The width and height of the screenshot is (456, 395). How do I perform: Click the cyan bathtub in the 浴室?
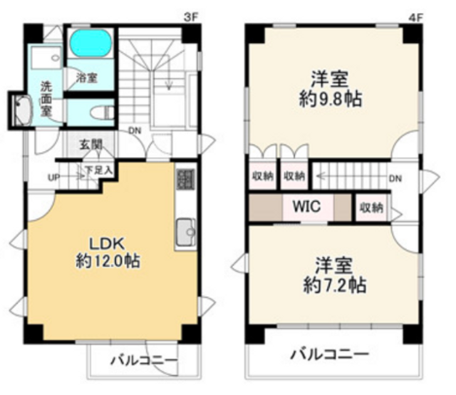(x=91, y=43)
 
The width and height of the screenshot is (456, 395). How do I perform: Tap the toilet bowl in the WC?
(x=102, y=113)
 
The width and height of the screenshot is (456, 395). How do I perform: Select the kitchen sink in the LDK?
(x=186, y=232)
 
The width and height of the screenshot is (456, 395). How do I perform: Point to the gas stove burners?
(x=185, y=180)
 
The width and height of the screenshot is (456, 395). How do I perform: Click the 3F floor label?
(x=191, y=18)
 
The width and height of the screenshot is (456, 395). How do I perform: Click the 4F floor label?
(x=415, y=18)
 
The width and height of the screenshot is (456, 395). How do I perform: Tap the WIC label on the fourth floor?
(x=307, y=206)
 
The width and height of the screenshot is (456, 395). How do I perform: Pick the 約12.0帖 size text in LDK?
(x=108, y=261)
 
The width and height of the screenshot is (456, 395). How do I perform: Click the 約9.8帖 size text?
(x=331, y=99)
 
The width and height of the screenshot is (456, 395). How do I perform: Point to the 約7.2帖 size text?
(x=335, y=285)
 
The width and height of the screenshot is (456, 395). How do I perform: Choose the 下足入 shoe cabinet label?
(x=98, y=170)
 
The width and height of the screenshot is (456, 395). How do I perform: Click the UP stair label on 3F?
(x=54, y=178)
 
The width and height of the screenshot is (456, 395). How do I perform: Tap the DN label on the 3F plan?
(x=135, y=131)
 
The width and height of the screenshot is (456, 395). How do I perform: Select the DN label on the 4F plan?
(x=395, y=178)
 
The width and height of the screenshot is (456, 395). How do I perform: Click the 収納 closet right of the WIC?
(x=371, y=207)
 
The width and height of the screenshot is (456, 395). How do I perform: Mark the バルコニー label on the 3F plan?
(x=144, y=361)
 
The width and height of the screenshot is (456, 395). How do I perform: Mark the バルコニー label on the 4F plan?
(x=330, y=354)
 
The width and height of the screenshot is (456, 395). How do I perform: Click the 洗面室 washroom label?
(x=46, y=99)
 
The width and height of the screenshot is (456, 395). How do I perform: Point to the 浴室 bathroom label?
(x=87, y=78)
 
